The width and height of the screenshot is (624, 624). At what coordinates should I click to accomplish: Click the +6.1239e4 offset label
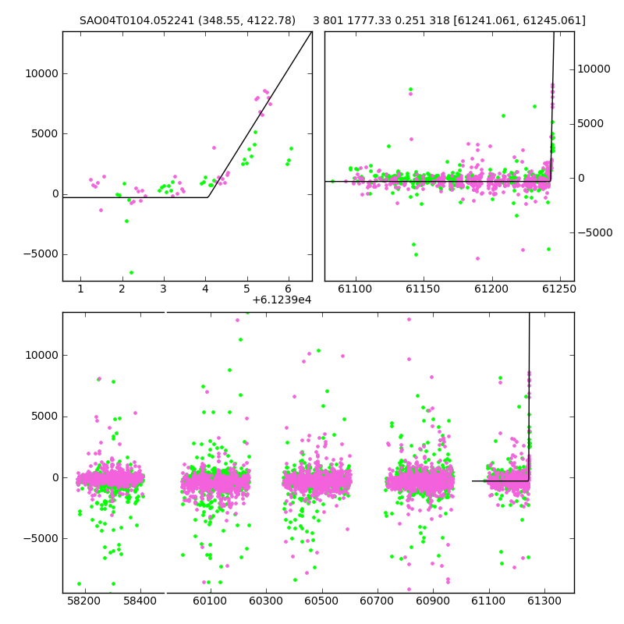coord(282,300)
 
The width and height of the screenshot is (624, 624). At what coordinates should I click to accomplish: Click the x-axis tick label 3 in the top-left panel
coord(164,289)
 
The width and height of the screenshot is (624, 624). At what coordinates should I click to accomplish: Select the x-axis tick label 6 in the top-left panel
coord(288,289)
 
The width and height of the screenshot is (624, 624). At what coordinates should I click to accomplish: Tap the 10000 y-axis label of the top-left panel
coord(42,73)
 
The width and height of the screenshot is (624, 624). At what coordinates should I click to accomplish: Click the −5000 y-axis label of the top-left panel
coord(41,254)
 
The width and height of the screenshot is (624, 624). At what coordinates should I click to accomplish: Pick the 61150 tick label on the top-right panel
coord(423,289)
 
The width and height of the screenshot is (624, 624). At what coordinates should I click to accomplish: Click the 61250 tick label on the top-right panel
coord(559,289)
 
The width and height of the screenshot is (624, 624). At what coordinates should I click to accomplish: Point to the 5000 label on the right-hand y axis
coord(590,124)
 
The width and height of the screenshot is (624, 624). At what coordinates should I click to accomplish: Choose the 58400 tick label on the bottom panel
coord(140,601)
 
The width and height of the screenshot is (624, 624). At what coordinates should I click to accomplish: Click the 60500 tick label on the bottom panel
coord(321,601)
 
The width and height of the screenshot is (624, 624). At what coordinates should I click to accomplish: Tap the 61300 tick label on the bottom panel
coord(544,601)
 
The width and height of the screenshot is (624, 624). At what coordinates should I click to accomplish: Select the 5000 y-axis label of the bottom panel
coord(45,417)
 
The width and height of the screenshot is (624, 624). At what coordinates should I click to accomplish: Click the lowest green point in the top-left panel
coord(131,272)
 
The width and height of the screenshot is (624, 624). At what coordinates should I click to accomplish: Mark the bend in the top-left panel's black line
coord(207,197)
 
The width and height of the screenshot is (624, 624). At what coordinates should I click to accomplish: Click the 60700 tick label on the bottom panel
coord(377,601)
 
